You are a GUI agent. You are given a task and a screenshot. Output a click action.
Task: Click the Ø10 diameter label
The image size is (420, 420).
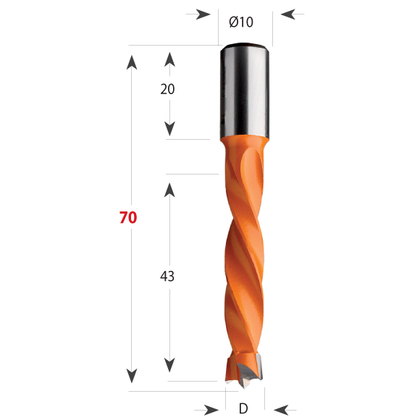coord(241,22)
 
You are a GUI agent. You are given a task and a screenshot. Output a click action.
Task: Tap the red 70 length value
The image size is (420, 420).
coord(128,217)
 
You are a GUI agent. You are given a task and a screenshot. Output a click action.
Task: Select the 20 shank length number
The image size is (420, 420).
coord(167,89)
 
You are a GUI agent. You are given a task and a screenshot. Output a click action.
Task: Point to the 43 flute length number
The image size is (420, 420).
coord(167,276)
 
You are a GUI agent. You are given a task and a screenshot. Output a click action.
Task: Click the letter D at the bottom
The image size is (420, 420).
coord(243,408)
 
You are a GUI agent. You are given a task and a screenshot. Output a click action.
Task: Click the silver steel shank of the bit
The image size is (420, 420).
coord(245,91)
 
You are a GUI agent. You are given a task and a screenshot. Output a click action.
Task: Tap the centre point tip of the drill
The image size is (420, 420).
coord(244,386)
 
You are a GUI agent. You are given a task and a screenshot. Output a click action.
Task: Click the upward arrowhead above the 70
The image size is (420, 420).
coord(132,62)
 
